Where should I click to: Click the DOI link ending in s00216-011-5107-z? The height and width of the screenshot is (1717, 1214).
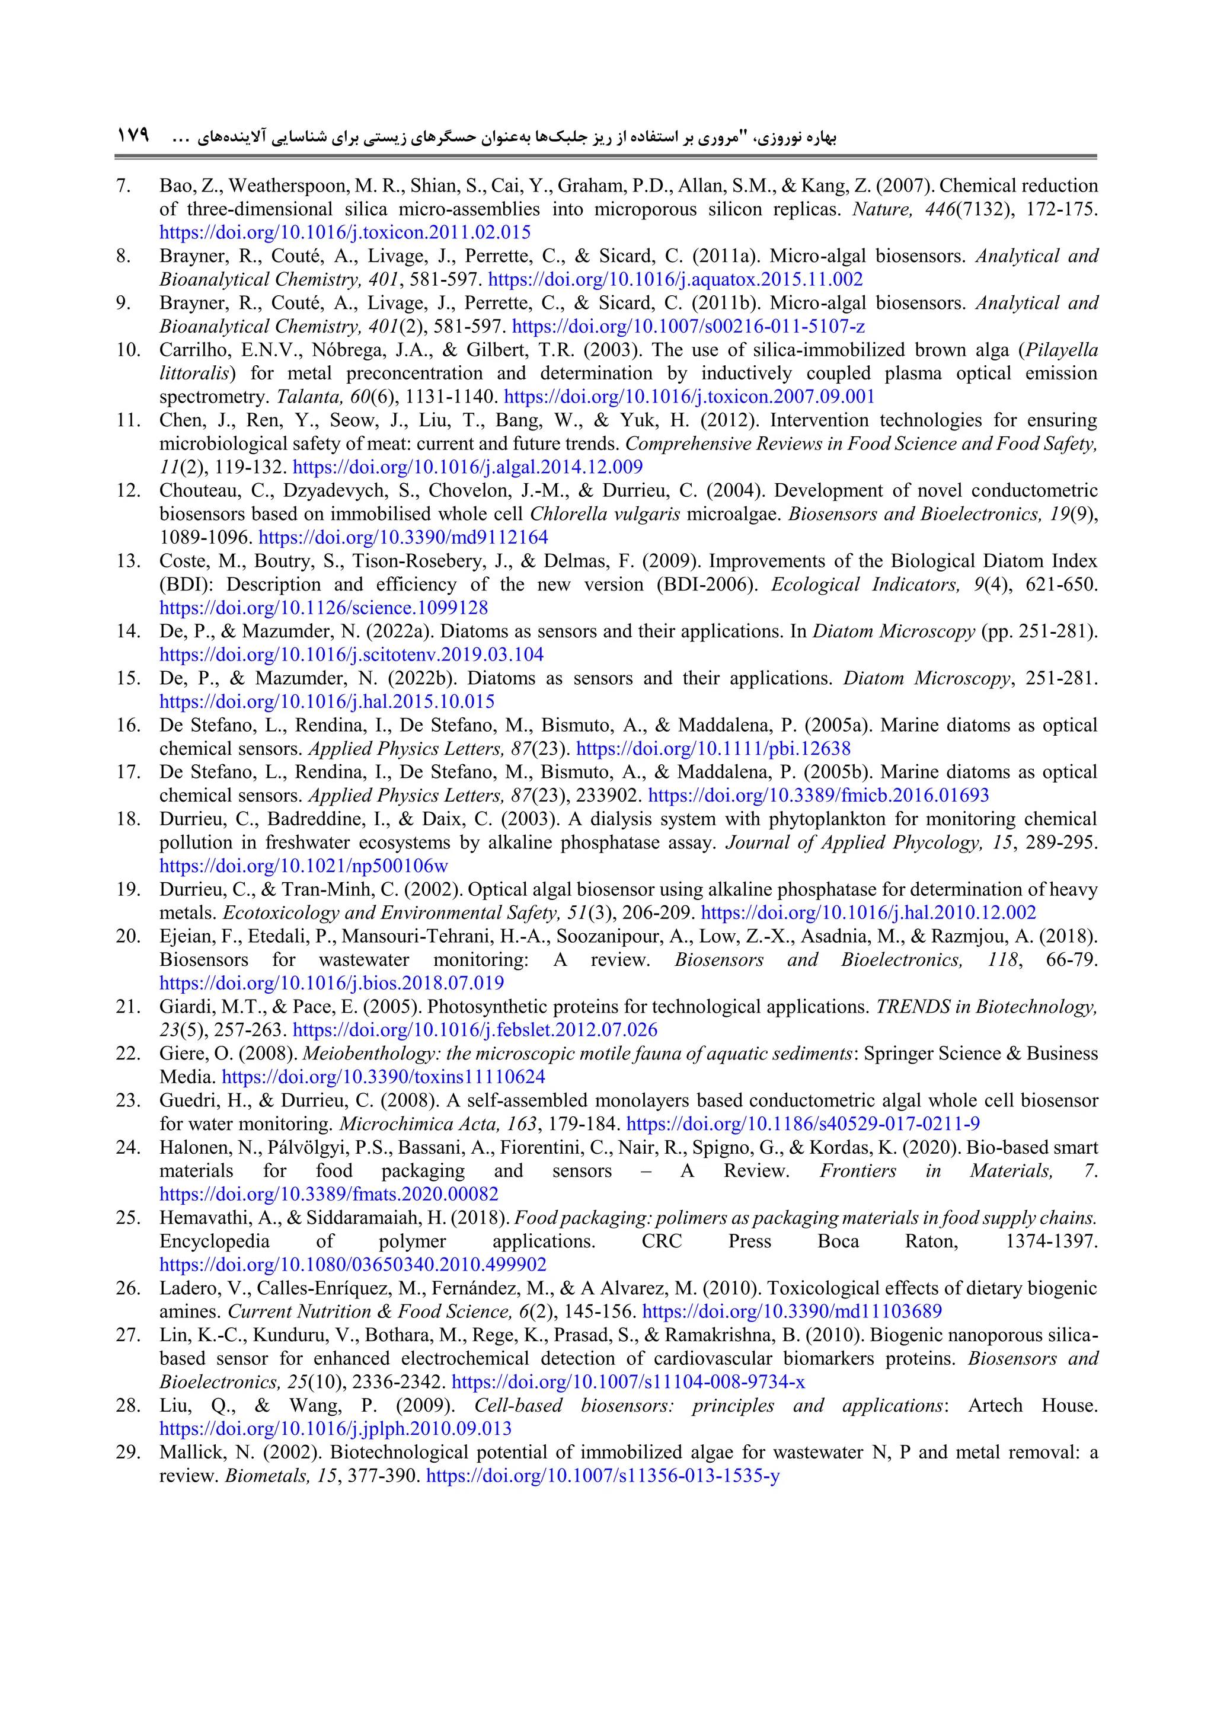click(x=688, y=327)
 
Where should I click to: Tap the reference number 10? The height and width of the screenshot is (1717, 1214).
click(x=128, y=350)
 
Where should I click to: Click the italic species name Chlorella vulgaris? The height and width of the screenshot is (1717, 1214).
click(x=605, y=515)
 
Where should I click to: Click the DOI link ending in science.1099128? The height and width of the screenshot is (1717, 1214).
click(x=323, y=608)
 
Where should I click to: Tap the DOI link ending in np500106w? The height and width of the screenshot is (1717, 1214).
click(x=303, y=866)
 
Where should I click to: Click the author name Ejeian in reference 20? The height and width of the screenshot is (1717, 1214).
click(x=183, y=936)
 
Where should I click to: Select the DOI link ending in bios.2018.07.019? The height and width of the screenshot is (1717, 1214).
click(x=331, y=984)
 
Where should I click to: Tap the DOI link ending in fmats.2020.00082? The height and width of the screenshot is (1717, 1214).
click(x=328, y=1194)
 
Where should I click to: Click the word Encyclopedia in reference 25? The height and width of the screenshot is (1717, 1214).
click(x=214, y=1242)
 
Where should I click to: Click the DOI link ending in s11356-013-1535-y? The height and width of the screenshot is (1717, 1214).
click(x=602, y=1476)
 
